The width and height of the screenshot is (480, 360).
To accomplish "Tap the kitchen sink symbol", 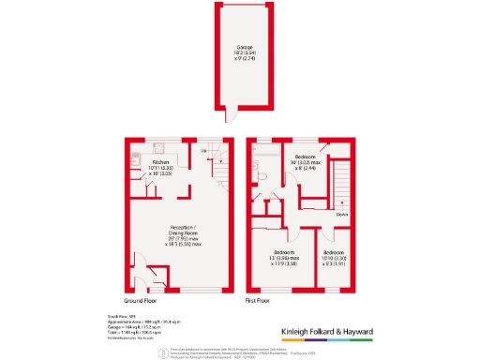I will tap(135, 178).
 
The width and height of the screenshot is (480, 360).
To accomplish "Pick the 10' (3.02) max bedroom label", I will tap(307, 162).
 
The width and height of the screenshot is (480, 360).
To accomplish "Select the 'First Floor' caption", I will tap(260, 302).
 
